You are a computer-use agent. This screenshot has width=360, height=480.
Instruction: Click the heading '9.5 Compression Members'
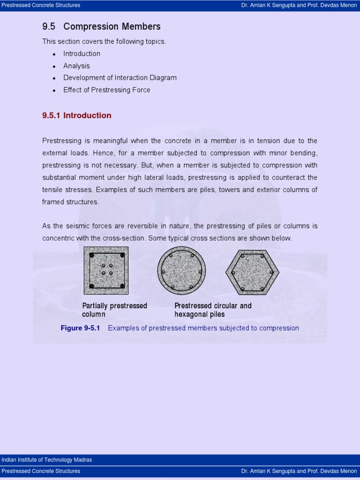(101, 27)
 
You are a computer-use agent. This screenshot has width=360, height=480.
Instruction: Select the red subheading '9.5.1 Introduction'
(77, 115)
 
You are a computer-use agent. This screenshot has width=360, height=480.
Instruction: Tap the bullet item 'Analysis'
(76, 66)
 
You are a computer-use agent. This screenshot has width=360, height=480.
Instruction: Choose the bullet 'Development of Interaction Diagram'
(120, 78)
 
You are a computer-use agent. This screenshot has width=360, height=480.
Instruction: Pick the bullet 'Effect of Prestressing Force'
(107, 90)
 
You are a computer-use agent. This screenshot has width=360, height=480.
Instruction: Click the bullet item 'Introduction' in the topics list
(82, 53)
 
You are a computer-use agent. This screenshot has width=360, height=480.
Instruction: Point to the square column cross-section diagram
(106, 270)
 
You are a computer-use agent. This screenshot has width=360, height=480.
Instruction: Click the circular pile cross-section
(181, 270)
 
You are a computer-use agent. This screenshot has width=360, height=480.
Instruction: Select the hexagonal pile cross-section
(252, 272)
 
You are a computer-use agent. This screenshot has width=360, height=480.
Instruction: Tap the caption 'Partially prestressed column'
(114, 310)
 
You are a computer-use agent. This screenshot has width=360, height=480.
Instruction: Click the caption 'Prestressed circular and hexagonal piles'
(213, 310)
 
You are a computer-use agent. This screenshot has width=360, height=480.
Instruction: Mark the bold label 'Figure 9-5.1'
(81, 328)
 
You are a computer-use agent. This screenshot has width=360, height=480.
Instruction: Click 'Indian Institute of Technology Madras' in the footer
(47, 460)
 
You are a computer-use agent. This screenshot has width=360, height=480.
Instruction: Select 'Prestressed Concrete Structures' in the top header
(41, 5)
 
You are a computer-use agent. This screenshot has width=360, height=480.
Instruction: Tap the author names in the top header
(299, 5)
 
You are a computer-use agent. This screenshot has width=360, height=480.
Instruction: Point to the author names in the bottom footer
(299, 471)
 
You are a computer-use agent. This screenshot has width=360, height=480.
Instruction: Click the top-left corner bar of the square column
(92, 255)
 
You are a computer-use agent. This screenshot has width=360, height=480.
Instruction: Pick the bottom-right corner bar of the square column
(122, 285)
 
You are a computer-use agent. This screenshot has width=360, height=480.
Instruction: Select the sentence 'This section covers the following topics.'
(104, 41)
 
